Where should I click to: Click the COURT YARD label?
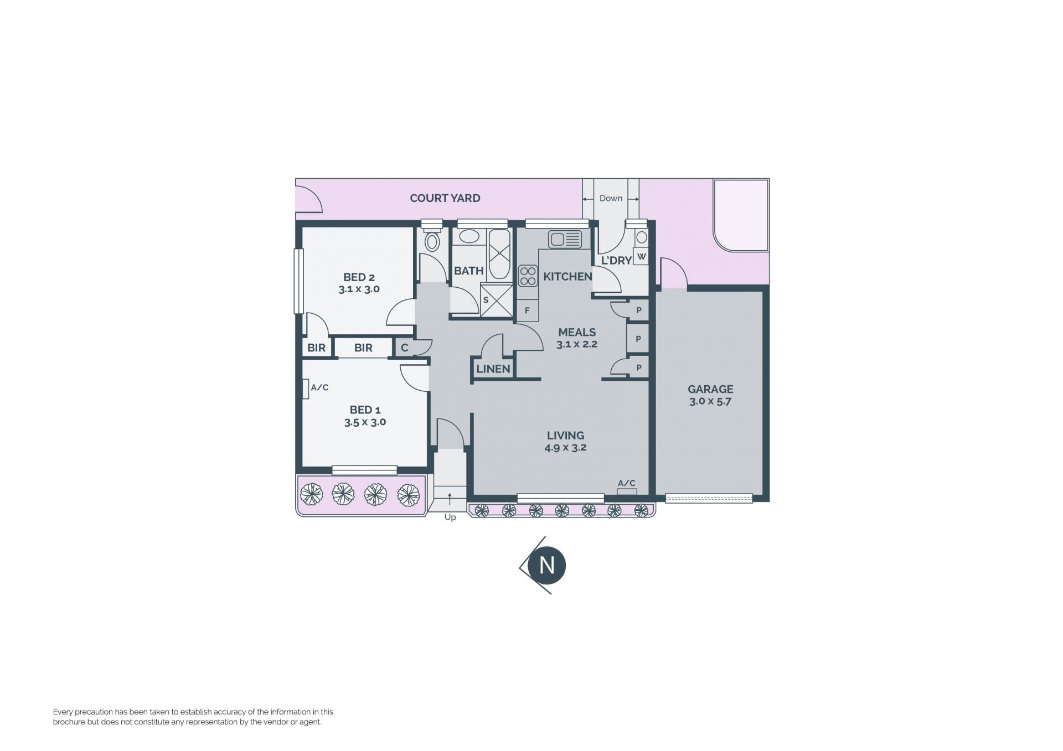445,198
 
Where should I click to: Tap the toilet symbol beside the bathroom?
432,241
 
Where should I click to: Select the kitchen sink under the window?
565,240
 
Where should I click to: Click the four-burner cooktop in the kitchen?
528,276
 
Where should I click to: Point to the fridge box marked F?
527,310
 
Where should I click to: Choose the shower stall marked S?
496,300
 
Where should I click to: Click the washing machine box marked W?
641,256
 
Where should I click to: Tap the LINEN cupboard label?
493,369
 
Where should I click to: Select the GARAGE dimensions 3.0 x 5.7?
710,402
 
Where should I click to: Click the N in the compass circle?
546,566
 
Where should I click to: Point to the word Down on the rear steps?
611,198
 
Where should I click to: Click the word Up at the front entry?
450,517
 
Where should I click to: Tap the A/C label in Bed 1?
319,387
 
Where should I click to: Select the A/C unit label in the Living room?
626,483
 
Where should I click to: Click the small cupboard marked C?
405,348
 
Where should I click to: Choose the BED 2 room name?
359,277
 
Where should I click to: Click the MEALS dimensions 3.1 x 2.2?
577,344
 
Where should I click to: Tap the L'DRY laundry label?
616,261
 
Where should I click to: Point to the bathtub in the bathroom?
499,255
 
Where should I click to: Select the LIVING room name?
565,436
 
